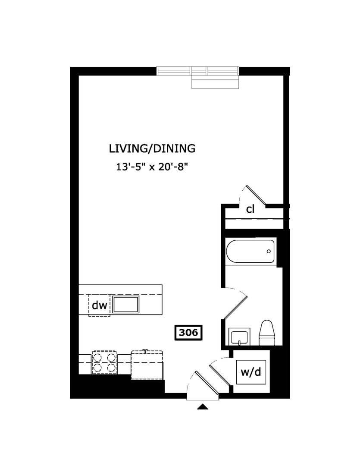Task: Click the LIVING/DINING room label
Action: [x=152, y=148]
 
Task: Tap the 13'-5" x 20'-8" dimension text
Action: [x=152, y=167]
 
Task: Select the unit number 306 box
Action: [x=188, y=332]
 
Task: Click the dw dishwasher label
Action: [x=100, y=305]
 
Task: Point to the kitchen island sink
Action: [x=126, y=304]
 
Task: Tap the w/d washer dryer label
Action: [x=251, y=372]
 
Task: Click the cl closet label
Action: [x=250, y=210]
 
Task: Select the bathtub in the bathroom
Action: [x=250, y=252]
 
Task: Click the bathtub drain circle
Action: [x=269, y=252]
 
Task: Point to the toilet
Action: [x=267, y=333]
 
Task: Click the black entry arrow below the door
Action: [x=203, y=406]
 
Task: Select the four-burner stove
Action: [x=104, y=362]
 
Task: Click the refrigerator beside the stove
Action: [x=147, y=365]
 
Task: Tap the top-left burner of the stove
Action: [x=97, y=357]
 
